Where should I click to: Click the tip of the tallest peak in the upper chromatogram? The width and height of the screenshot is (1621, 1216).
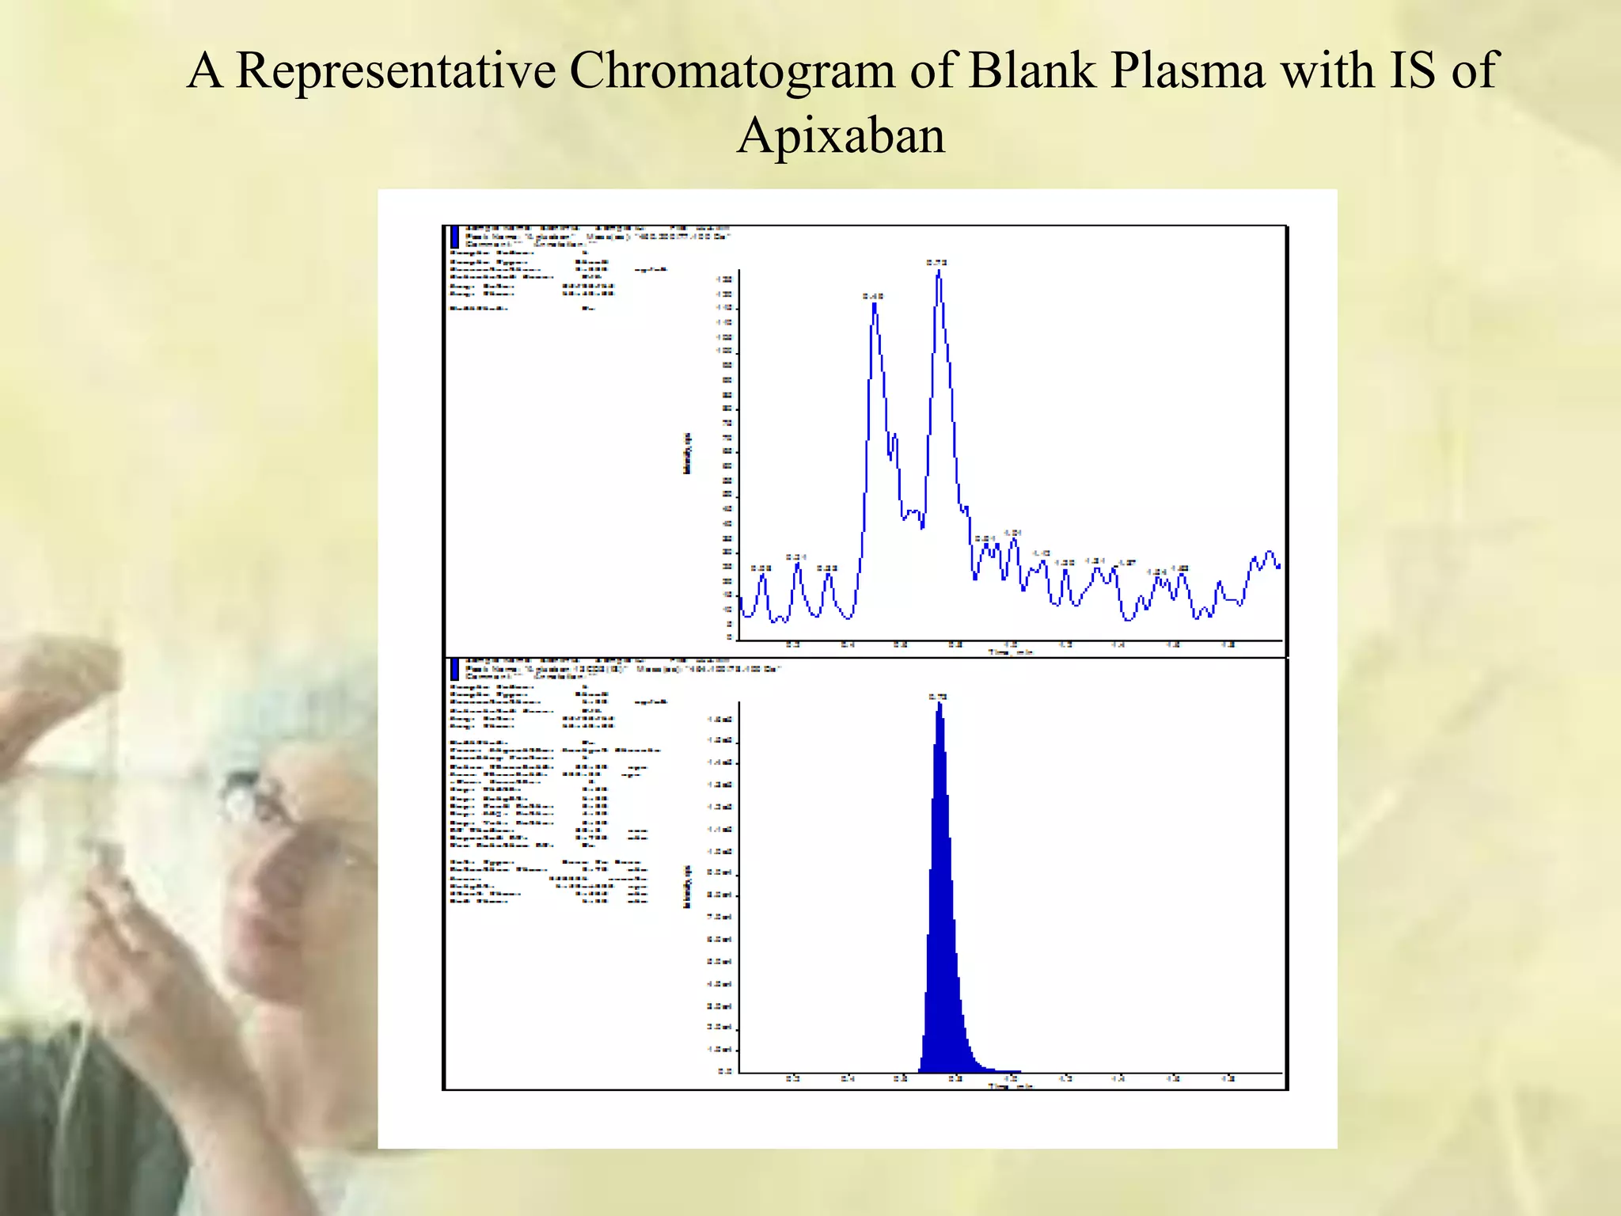[939, 272]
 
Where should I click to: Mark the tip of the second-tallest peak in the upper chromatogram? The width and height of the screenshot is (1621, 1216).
[874, 304]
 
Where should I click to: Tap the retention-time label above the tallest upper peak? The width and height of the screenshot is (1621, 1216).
[937, 262]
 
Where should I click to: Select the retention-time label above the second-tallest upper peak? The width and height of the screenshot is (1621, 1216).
[873, 296]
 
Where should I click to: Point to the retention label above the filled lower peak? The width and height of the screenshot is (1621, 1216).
[938, 697]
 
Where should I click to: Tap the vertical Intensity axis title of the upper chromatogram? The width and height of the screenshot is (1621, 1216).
[687, 454]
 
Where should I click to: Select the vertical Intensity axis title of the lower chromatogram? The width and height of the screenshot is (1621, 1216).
[687, 887]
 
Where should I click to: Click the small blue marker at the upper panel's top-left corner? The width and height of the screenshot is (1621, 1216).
[454, 237]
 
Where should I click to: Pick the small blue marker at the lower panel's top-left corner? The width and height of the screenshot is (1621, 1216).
[454, 670]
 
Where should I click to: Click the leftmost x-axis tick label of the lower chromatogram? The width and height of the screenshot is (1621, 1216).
[793, 1078]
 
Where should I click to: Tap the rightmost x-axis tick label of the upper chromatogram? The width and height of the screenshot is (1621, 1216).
[1228, 644]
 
